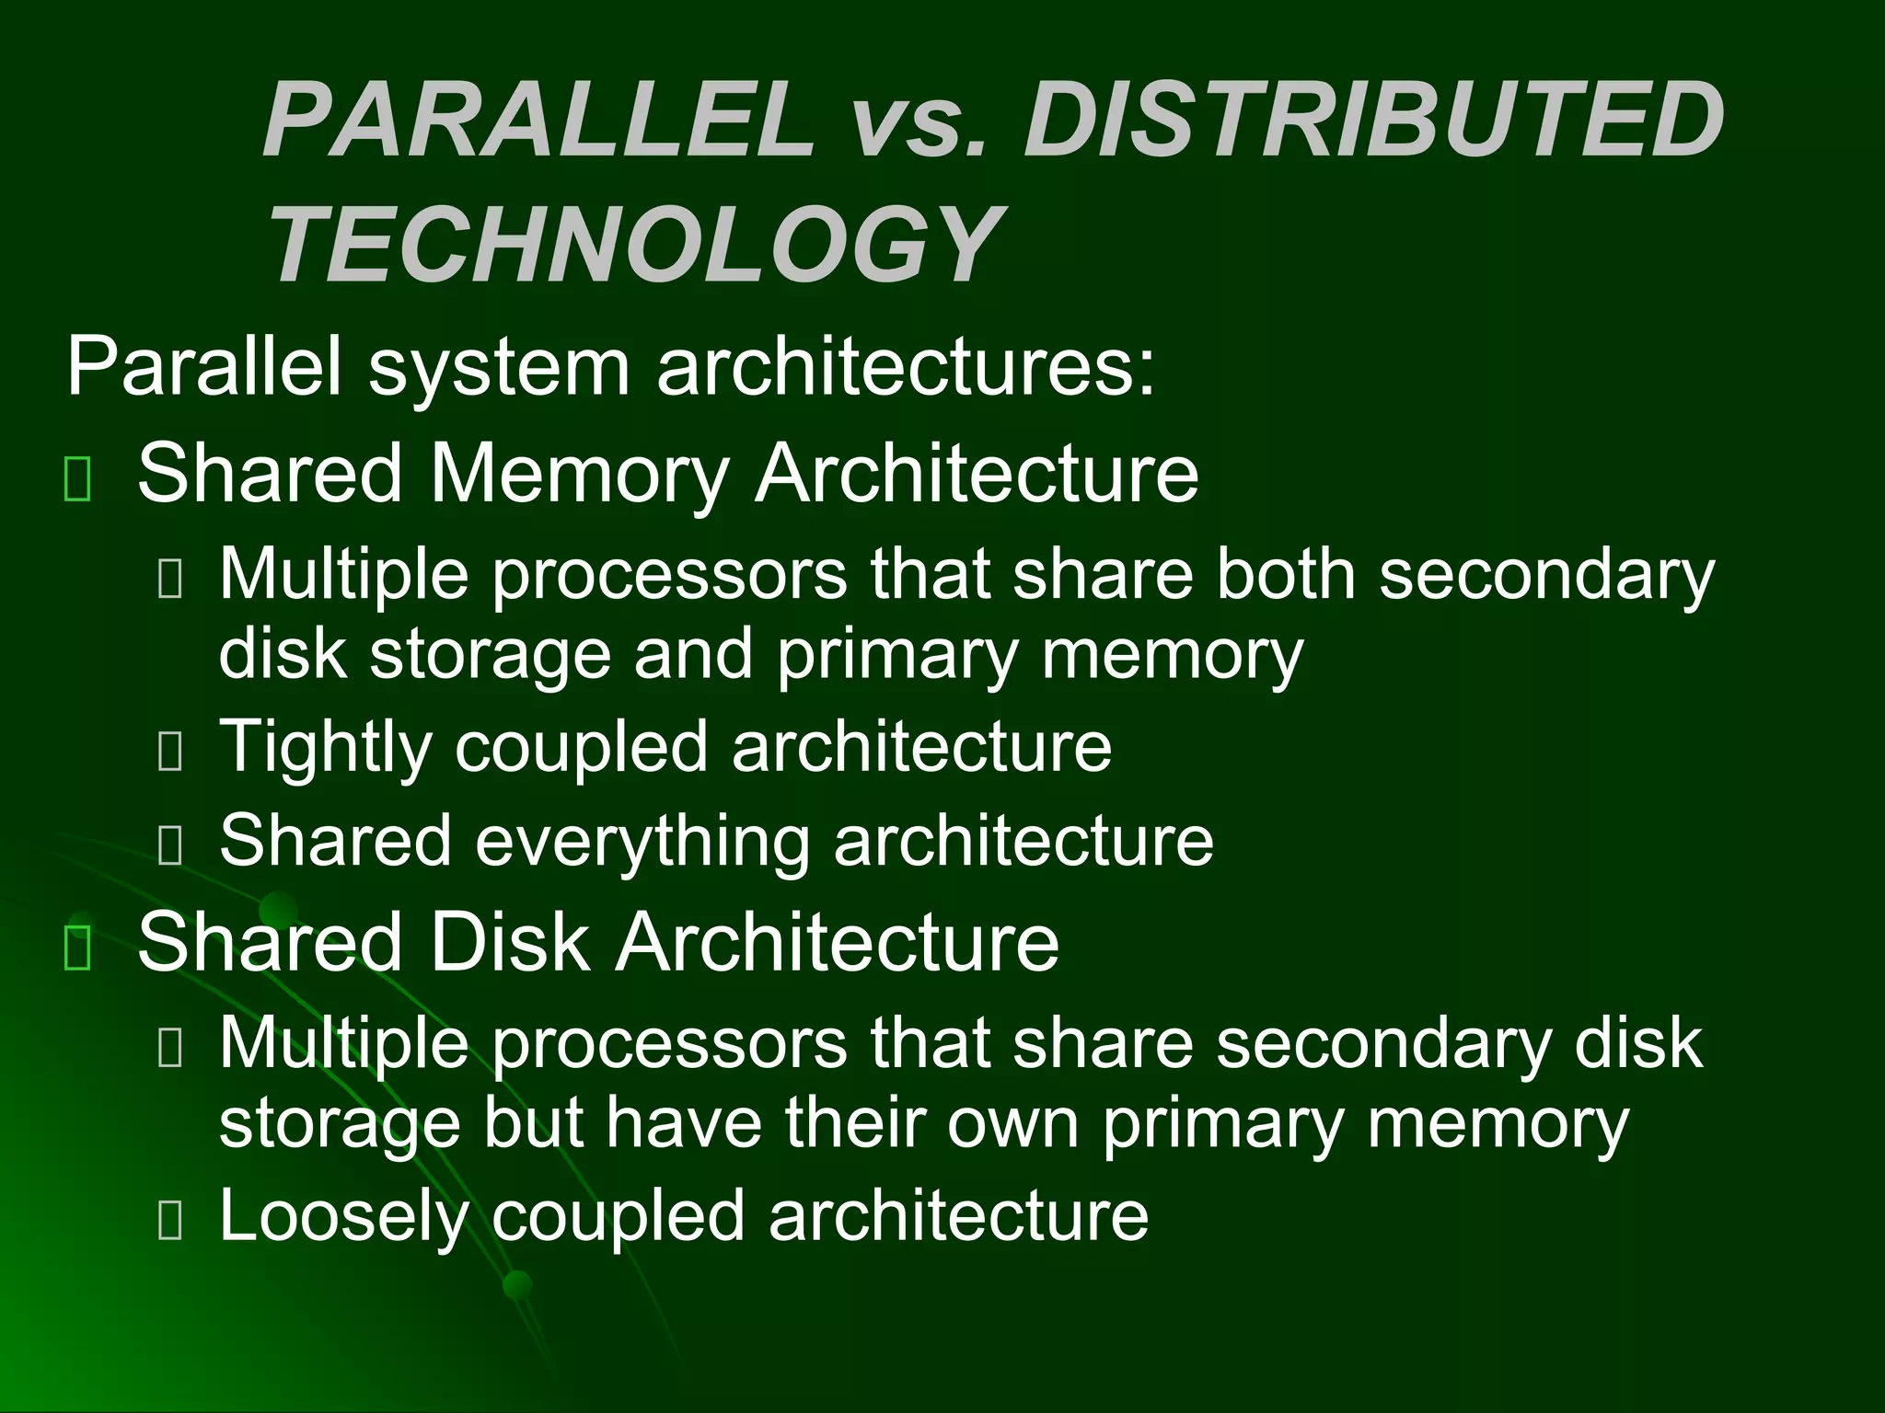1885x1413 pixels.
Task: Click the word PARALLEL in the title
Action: point(538,121)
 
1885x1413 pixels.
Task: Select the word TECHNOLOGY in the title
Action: point(634,245)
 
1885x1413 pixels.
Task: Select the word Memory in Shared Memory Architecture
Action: point(579,475)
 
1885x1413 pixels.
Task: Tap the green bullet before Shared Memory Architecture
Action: point(77,479)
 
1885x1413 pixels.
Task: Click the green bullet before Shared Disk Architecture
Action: point(77,948)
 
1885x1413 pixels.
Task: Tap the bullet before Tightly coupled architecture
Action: point(170,752)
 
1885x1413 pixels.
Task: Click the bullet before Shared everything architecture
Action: point(170,845)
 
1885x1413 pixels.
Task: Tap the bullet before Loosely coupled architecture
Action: point(170,1222)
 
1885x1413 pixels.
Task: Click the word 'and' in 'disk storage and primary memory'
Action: point(693,654)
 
